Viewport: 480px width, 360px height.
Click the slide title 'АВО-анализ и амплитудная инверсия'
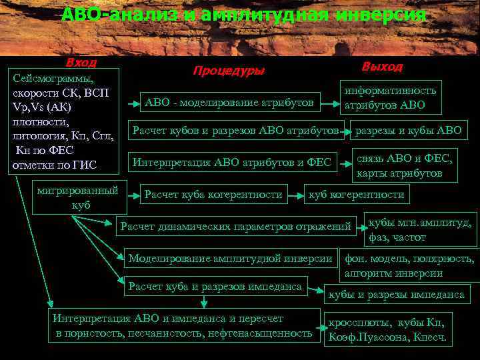[243, 15]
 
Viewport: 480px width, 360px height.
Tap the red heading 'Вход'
[81, 62]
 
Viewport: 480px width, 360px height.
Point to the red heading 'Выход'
[382, 67]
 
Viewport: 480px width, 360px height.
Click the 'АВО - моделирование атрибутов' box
[229, 102]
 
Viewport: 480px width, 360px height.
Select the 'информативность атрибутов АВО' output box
[390, 97]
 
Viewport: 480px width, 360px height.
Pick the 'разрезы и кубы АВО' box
[408, 131]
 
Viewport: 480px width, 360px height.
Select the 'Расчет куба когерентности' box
[213, 195]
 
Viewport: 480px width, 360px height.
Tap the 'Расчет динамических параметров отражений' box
[235, 227]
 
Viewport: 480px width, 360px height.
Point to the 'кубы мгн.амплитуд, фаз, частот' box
[420, 230]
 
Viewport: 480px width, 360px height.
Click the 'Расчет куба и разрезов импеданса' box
[216, 287]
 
